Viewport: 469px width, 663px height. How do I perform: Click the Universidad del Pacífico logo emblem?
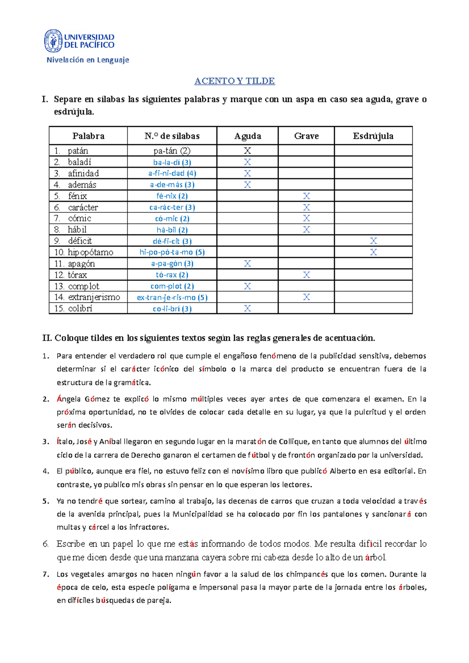[x=53, y=41]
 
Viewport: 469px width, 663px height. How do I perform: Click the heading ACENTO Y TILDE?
[x=234, y=81]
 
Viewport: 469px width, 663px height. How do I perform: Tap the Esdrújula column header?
[x=373, y=136]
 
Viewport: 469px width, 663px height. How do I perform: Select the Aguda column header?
[x=247, y=136]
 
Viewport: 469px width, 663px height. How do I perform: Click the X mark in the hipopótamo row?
[x=373, y=252]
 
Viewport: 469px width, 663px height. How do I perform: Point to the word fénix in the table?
[x=77, y=196]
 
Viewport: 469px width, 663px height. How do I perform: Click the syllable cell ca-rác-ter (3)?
[x=172, y=207]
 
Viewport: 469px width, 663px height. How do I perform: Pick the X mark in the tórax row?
[x=306, y=275]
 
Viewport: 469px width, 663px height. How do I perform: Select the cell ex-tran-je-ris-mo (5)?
[x=172, y=298]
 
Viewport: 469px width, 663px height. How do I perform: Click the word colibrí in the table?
[x=80, y=308]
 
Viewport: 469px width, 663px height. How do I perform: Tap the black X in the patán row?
[x=247, y=151]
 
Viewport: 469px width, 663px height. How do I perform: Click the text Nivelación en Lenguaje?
[x=88, y=60]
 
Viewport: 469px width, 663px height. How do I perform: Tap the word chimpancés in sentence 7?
[x=307, y=574]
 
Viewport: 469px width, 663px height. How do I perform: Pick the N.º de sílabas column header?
[x=172, y=136]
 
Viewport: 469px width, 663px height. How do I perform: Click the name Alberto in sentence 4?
[x=343, y=471]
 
